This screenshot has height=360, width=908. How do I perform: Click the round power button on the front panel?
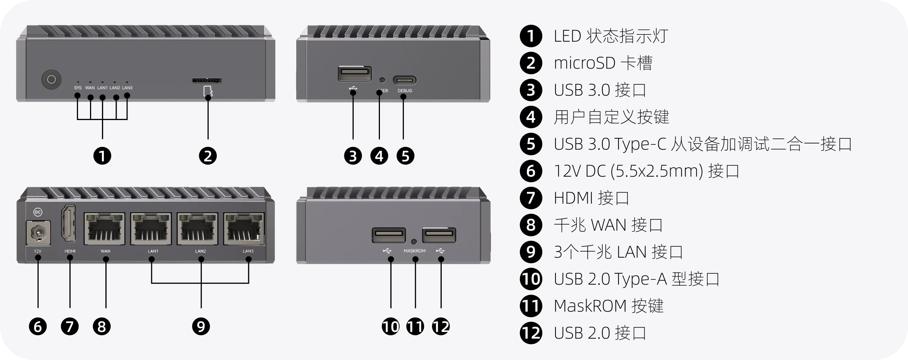coord(51,79)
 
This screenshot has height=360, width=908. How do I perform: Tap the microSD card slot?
coord(207,81)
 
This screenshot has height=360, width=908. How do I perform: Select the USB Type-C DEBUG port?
coord(404,80)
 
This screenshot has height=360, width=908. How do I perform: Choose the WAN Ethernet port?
coord(105,229)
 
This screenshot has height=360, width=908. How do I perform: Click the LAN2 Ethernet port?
coord(198,229)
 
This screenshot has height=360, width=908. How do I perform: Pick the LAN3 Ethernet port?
coord(245,229)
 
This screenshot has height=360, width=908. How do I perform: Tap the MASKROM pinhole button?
coord(414,241)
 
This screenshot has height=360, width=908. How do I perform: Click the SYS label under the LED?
coord(78,88)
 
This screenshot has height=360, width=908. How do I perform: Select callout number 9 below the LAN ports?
coord(201,326)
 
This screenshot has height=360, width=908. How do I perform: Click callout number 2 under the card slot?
coord(208,156)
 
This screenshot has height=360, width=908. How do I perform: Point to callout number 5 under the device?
coord(405,156)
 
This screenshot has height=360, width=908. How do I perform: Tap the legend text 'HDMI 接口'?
coord(591,198)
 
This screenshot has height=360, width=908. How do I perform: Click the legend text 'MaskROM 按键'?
coord(608,306)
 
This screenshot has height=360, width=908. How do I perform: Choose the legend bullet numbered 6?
coord(531,171)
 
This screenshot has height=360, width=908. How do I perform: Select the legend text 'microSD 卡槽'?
coord(603,63)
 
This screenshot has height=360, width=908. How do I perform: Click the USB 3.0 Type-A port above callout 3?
coord(354,73)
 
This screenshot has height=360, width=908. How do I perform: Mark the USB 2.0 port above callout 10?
coord(389,235)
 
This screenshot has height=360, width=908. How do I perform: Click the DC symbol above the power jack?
coord(38,212)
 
